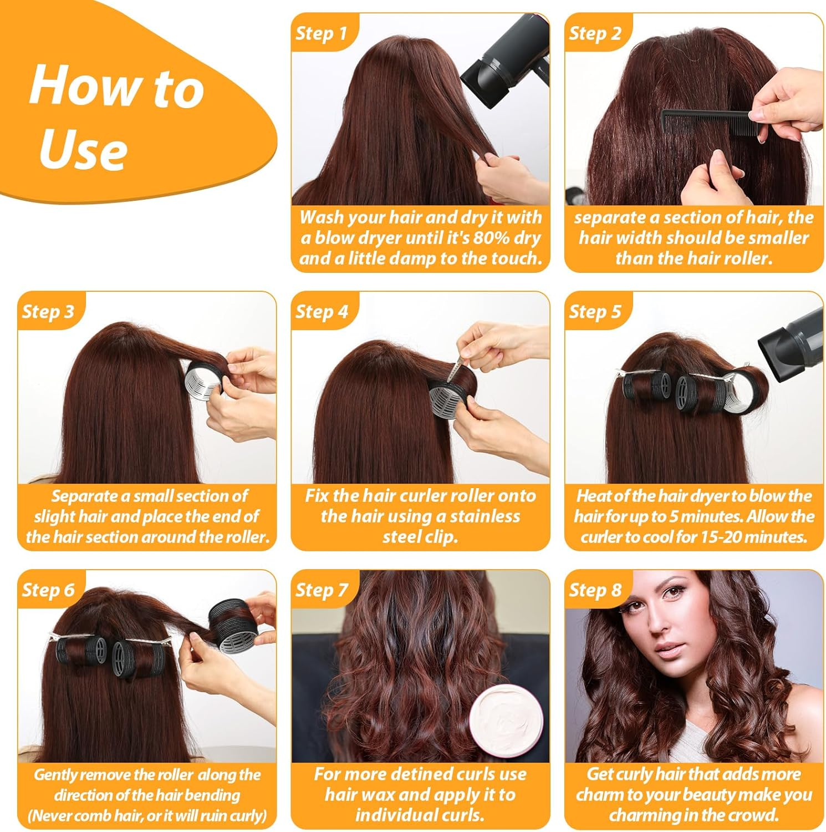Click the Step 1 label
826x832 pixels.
(x=321, y=33)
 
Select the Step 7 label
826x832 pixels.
(x=322, y=590)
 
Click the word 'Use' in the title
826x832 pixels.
(x=83, y=150)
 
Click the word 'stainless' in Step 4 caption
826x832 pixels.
(x=485, y=516)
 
